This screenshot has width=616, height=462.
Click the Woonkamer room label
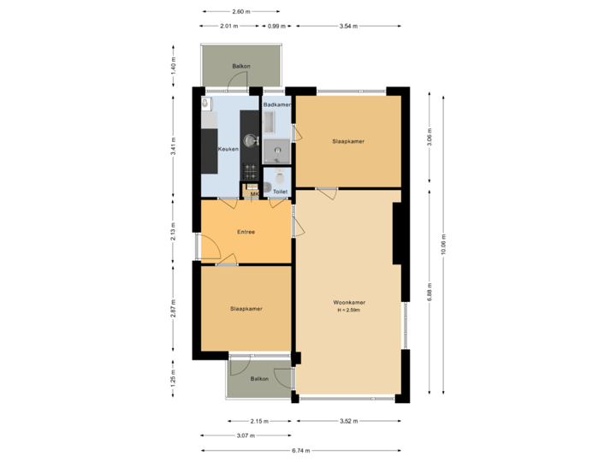click(349, 303)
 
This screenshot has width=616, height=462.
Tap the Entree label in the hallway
click(246, 231)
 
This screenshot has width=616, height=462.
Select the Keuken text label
click(228, 149)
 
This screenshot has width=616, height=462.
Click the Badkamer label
click(277, 104)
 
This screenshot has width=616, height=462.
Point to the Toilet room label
click(280, 192)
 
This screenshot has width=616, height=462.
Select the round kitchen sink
click(250, 139)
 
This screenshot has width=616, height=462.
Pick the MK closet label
click(254, 194)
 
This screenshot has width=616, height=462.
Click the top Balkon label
click(240, 66)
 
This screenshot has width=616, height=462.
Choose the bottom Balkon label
click(259, 378)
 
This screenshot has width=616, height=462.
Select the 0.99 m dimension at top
click(275, 27)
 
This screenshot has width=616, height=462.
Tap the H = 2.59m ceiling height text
click(349, 311)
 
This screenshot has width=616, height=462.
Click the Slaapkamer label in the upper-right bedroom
click(348, 141)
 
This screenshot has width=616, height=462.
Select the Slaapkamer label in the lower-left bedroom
click(246, 308)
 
